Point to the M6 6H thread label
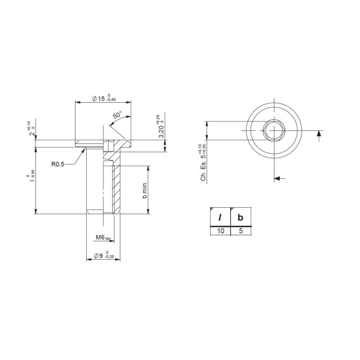[x=103, y=238]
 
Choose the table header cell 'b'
[x=240, y=217]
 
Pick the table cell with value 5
[x=240, y=231]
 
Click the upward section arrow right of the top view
[x=319, y=136]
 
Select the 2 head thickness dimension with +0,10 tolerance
[x=30, y=130]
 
